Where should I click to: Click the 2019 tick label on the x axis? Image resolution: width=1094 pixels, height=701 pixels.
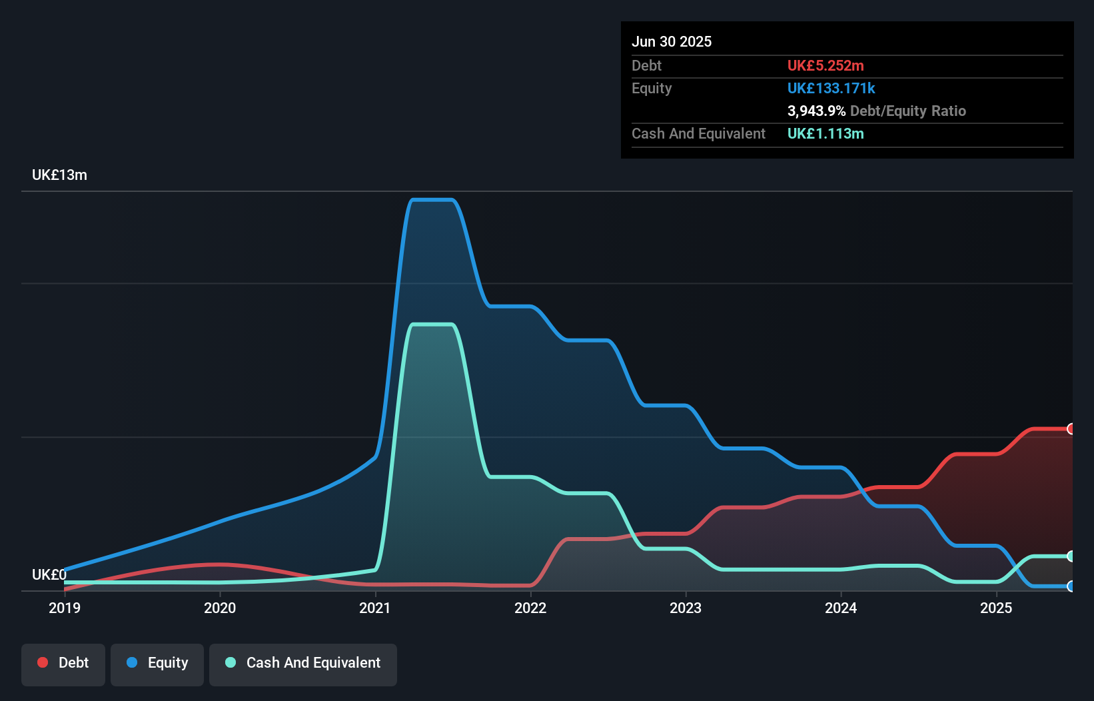point(65,608)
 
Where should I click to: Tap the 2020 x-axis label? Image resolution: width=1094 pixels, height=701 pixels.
point(220,608)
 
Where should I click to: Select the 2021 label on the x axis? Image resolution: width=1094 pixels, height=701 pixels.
point(375,608)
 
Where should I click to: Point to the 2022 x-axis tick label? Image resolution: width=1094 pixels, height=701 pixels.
point(530,608)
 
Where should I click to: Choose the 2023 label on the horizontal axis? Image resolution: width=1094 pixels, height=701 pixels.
point(686,608)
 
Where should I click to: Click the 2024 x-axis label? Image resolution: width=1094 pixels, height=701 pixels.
point(841,608)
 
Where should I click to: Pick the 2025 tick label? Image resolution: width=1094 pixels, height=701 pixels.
point(996,608)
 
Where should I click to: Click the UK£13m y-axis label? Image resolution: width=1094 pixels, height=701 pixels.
point(59,175)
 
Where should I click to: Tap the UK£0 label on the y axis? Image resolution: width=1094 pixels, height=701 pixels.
point(49,574)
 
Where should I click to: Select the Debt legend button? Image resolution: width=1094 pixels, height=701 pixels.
point(63,663)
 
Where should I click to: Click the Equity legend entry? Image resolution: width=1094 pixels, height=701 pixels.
point(157,663)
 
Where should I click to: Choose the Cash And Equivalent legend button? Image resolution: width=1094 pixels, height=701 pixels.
point(303,663)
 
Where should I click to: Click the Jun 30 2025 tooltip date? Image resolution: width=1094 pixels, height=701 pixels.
point(672,41)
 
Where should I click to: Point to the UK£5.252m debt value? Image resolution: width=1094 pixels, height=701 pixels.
point(825,65)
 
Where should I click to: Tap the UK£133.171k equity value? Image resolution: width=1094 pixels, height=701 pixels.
point(831,88)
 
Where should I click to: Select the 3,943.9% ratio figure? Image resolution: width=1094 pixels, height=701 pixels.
point(816,111)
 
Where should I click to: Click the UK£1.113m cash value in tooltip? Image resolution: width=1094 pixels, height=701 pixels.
point(825,133)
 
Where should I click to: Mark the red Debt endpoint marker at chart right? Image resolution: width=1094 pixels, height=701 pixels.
point(1071,429)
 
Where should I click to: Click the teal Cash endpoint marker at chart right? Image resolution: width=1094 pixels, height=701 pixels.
point(1071,556)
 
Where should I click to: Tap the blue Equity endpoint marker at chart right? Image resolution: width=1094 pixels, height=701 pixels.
point(1071,586)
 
